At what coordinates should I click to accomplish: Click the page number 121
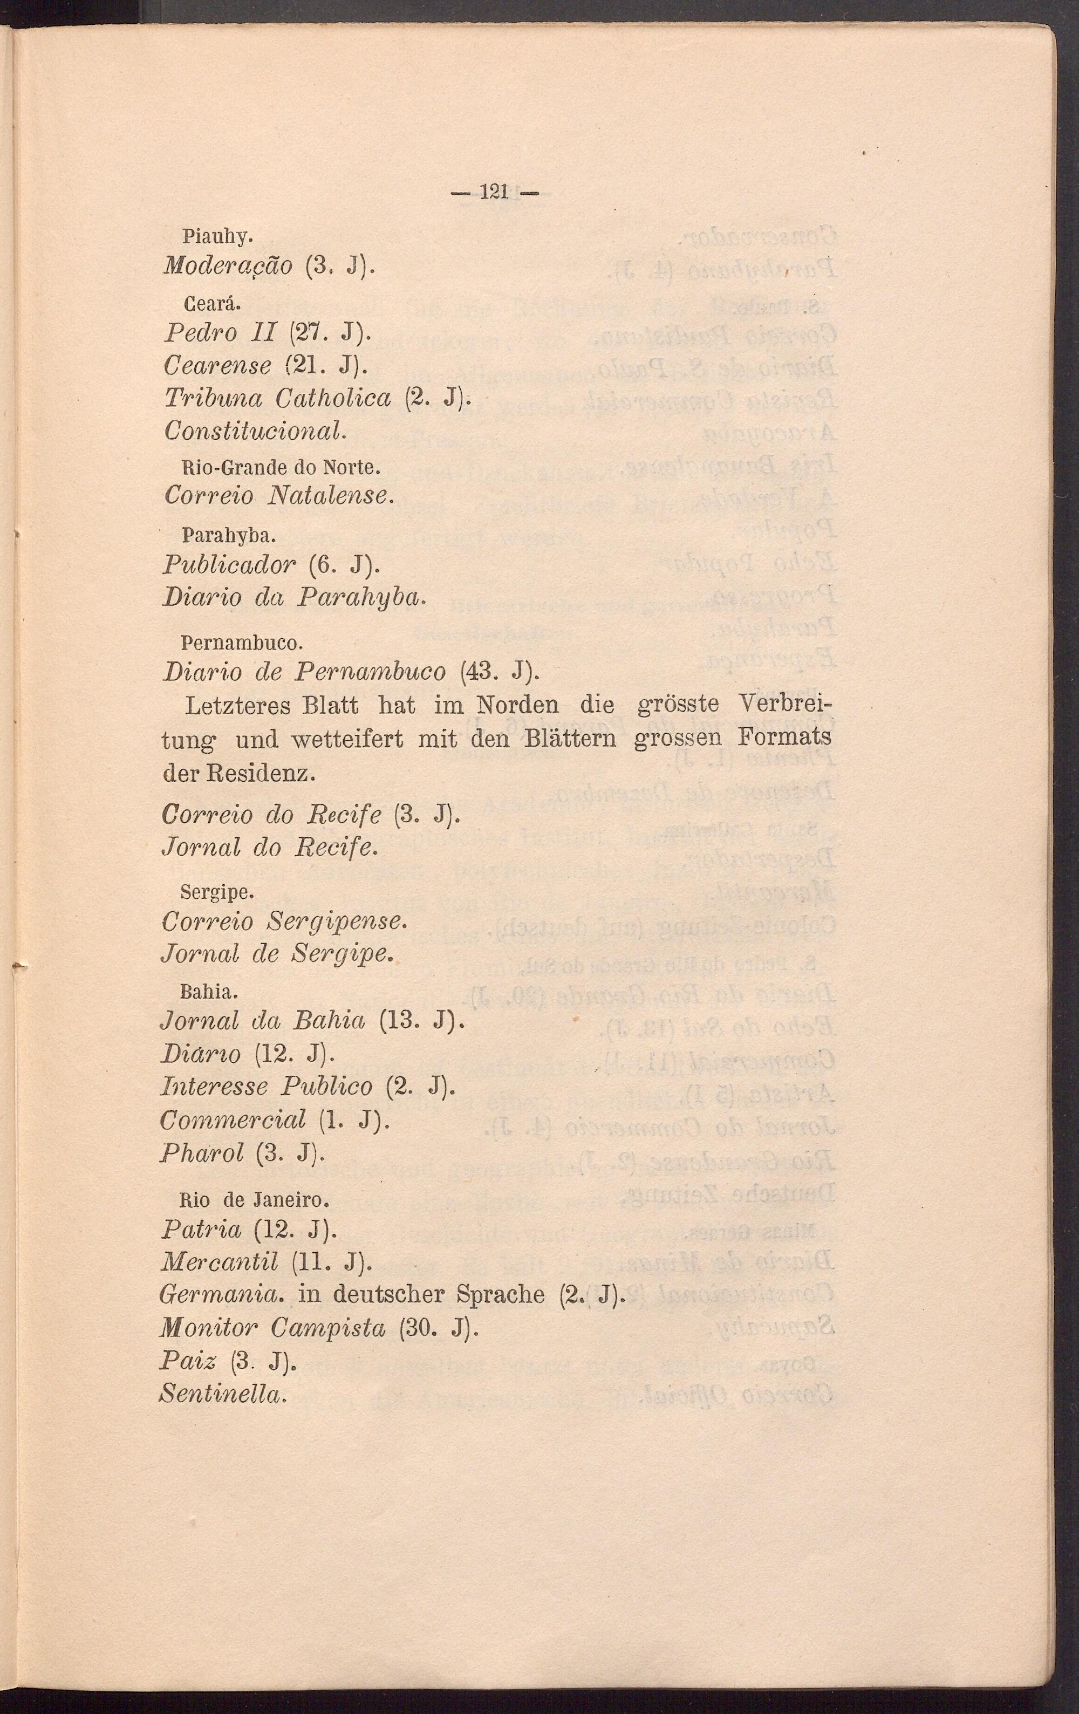493,192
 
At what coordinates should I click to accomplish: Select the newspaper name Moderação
227,267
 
